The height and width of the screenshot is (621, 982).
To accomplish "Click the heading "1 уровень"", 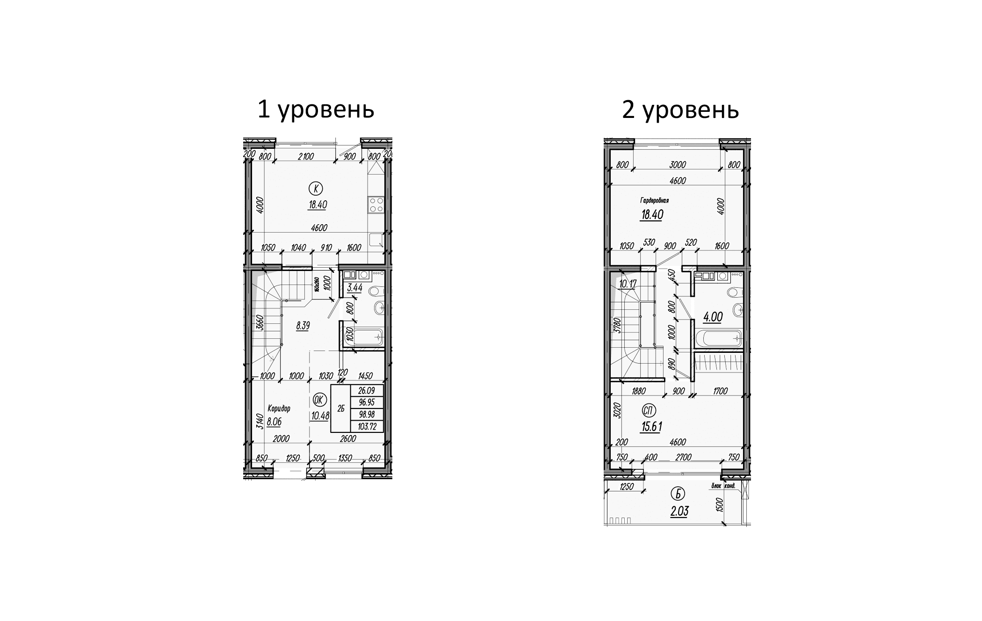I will [x=316, y=110].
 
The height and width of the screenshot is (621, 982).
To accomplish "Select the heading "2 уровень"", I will [x=680, y=110].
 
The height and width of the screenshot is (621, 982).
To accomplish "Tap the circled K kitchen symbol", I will [x=317, y=189].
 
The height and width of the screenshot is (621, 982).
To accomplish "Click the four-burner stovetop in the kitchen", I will [x=376, y=205].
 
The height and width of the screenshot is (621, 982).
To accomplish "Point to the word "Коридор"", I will [x=279, y=409].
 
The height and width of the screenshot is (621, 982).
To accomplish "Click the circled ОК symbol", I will [x=319, y=400].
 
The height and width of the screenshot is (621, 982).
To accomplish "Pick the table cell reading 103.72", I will [x=367, y=426].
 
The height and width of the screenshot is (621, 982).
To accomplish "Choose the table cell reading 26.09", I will [x=367, y=390].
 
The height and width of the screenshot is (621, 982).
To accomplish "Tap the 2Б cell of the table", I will [x=340, y=409].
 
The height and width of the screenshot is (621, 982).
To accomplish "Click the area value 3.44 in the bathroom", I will [x=354, y=288].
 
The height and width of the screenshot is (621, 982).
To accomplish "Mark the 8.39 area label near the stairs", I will [x=303, y=326].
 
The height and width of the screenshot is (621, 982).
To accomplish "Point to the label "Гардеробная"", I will [x=654, y=200].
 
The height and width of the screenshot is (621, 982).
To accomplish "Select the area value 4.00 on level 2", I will [x=713, y=317].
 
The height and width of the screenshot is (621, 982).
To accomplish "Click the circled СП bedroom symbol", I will [x=649, y=411].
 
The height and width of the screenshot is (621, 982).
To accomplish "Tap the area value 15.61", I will [x=651, y=427].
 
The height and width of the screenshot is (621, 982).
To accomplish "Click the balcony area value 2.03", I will [x=679, y=511].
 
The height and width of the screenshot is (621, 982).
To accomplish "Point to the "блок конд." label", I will [x=723, y=486].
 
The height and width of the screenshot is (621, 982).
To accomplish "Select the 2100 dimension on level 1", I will [x=305, y=157].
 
